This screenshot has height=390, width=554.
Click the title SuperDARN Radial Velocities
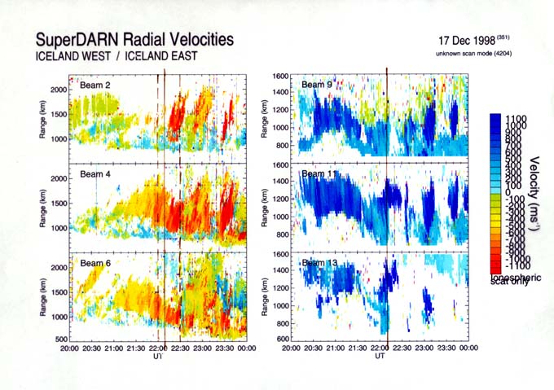[x=134, y=39]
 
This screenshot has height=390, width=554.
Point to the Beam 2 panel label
[x=95, y=83]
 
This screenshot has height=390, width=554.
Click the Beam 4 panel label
[x=95, y=174]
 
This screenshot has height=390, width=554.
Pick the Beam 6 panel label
[x=95, y=262]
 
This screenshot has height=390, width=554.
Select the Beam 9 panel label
[x=317, y=83]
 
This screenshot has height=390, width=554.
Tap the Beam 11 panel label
[x=319, y=173]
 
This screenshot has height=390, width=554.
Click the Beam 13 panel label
[x=319, y=262]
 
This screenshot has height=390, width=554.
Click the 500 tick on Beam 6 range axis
[x=59, y=338]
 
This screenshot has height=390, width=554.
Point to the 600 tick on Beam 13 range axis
[x=281, y=338]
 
